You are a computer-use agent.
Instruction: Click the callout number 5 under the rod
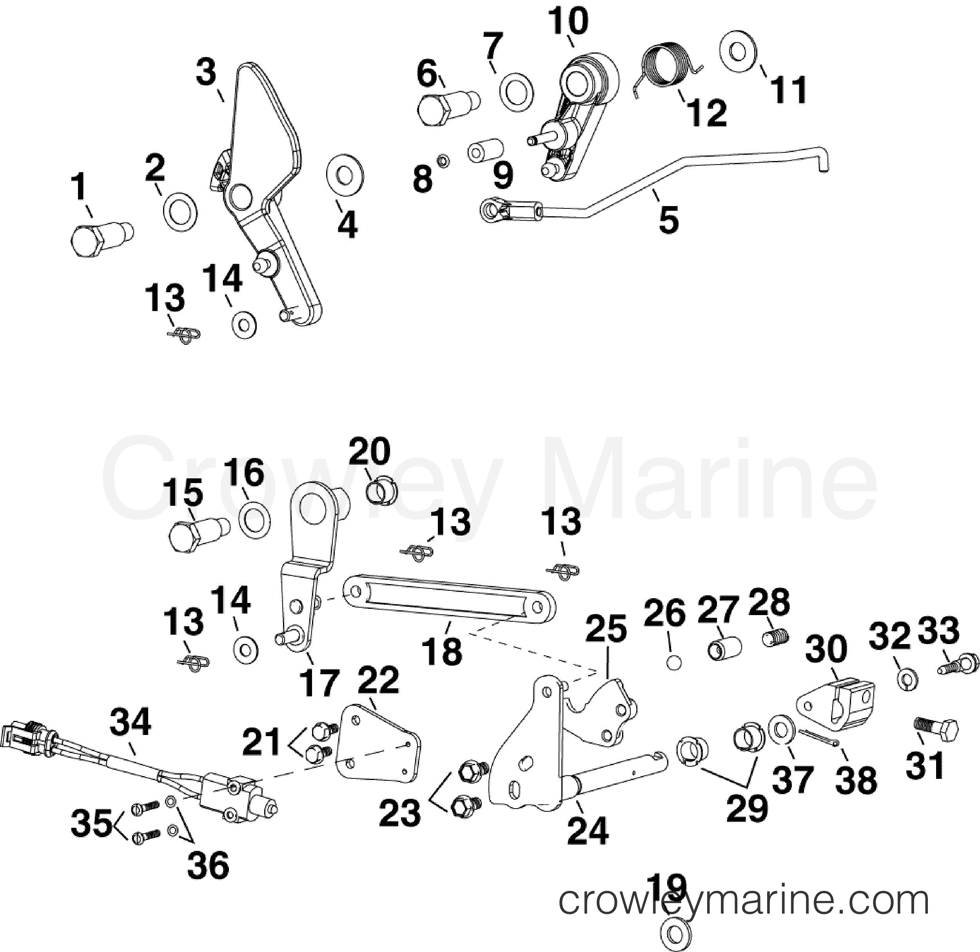coord(668,220)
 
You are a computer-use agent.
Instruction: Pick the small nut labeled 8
coord(442,161)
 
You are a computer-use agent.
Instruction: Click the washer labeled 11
coord(737,51)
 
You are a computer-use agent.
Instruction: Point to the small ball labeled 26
coord(674,662)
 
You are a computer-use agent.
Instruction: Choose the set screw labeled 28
coord(776,637)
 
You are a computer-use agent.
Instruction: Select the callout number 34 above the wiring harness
coord(131,722)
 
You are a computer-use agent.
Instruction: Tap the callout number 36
coord(208,865)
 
